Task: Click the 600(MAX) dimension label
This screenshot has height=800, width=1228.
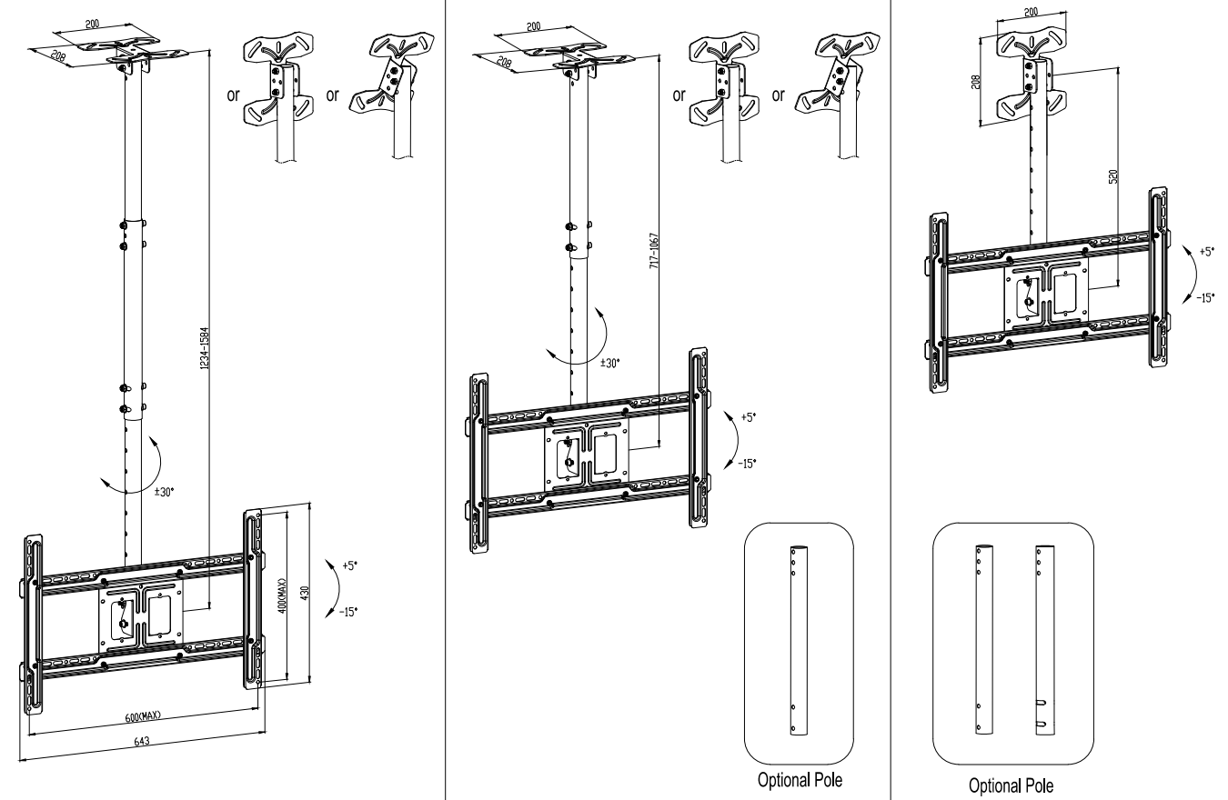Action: [143, 715]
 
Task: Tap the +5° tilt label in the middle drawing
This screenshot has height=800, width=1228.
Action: [747, 417]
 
